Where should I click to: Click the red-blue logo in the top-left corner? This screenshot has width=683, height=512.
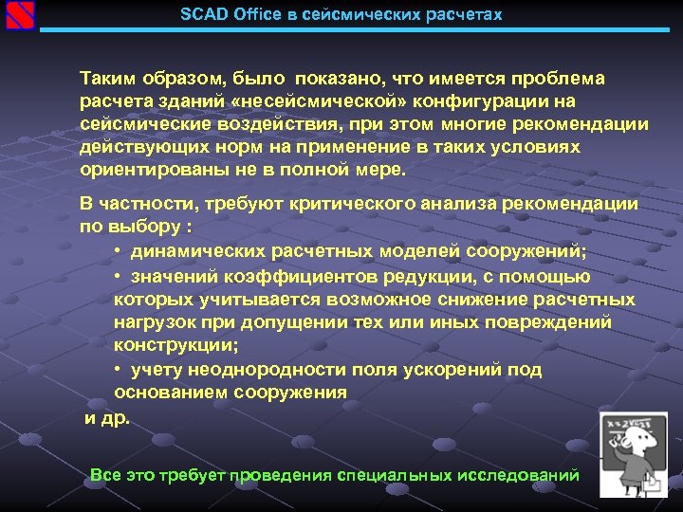click(x=20, y=16)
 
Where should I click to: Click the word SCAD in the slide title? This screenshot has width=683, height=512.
click(x=201, y=15)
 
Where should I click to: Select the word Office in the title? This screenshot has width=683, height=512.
click(x=250, y=15)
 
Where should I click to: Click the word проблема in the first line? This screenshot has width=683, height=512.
click(x=558, y=78)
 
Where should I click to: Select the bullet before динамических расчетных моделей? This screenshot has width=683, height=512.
click(x=118, y=251)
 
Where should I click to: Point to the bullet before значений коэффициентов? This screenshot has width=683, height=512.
click(x=118, y=276)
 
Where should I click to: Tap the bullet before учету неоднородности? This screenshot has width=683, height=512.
click(x=118, y=370)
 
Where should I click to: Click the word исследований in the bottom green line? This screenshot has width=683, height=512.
click(x=520, y=474)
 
